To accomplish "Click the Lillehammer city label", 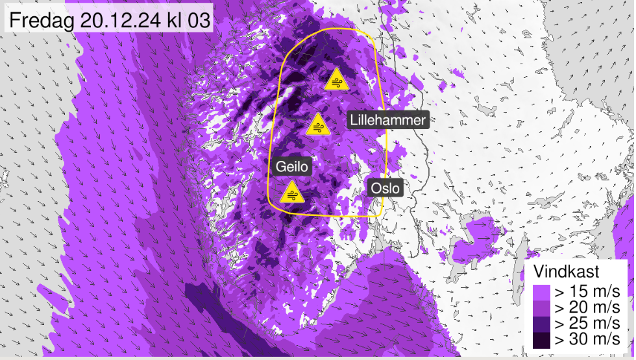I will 388,120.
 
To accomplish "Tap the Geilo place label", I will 291,167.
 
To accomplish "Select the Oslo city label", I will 385,189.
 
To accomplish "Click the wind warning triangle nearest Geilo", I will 291,193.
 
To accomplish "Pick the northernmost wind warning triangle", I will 336,80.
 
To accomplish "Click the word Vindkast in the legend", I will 566,270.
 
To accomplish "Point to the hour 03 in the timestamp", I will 197,20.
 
